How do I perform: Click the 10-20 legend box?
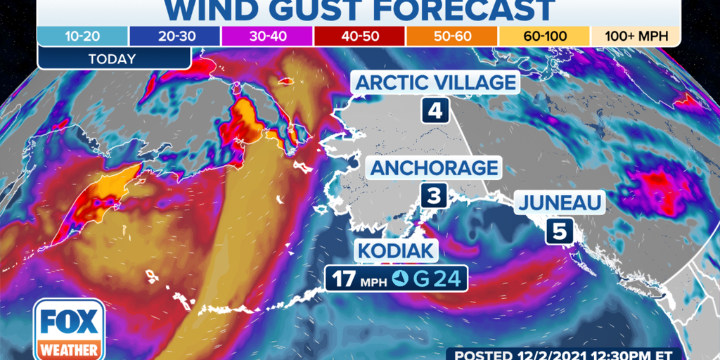tap(83, 36)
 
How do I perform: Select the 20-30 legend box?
tap(174, 36)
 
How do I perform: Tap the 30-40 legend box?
tap(267, 36)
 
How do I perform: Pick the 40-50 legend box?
tap(359, 36)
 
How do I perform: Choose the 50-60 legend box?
tap(451, 36)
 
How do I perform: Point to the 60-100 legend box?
tap(544, 36)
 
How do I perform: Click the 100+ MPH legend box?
tap(635, 36)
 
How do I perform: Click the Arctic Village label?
tap(435, 82)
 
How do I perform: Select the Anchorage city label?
tap(434, 168)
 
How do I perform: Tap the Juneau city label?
tap(560, 204)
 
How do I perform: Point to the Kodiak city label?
tap(397, 251)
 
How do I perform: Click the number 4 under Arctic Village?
tap(435, 111)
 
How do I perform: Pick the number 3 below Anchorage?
tap(434, 195)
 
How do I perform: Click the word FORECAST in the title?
tap(460, 10)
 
